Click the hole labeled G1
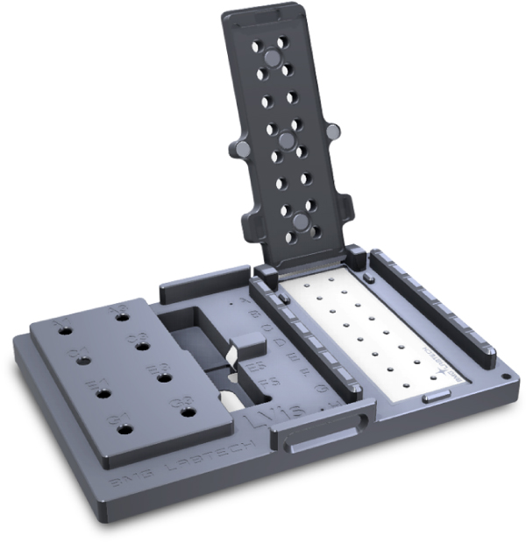[124, 429]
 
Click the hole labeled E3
[162, 379]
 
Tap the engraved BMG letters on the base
[125, 480]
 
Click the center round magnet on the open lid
[286, 139]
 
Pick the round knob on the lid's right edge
[333, 130]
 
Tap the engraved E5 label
[257, 366]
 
